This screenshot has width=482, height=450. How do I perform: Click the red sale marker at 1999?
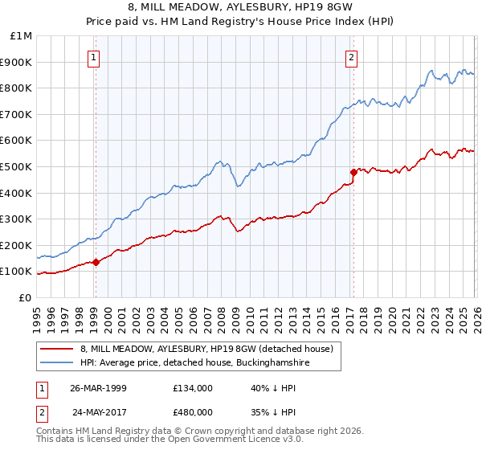coord(96,262)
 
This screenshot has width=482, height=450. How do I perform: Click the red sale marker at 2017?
coord(353,171)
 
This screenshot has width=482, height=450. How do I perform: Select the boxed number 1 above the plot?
coord(95,57)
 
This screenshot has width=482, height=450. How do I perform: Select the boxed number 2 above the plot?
coord(352,57)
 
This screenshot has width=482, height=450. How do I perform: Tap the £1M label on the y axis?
coord(22,35)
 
